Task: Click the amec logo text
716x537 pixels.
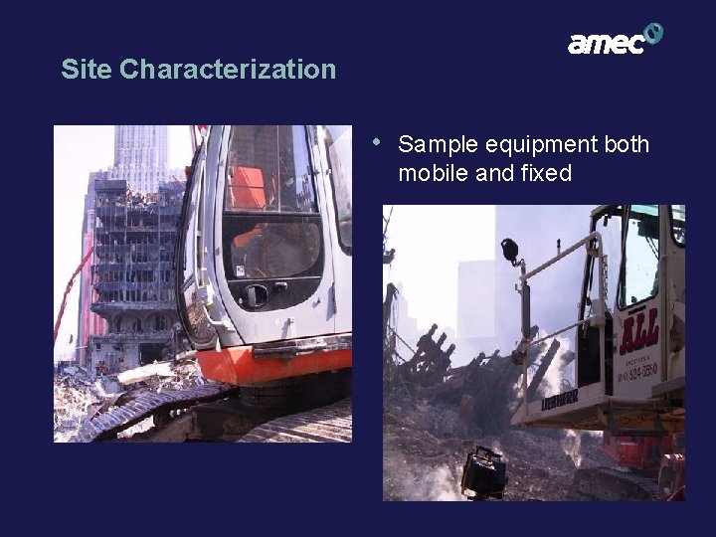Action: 606,44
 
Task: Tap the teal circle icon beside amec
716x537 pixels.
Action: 652,34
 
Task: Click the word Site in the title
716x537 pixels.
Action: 86,70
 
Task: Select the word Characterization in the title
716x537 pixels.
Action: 228,70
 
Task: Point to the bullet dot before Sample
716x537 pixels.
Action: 376,141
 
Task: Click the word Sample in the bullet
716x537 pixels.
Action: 438,145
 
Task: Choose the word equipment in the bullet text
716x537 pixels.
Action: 541,145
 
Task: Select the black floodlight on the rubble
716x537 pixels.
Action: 484,471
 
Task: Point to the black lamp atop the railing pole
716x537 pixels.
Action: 510,250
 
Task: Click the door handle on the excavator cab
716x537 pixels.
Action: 257,294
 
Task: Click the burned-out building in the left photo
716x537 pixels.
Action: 134,268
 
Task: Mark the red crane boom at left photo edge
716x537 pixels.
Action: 72,288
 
